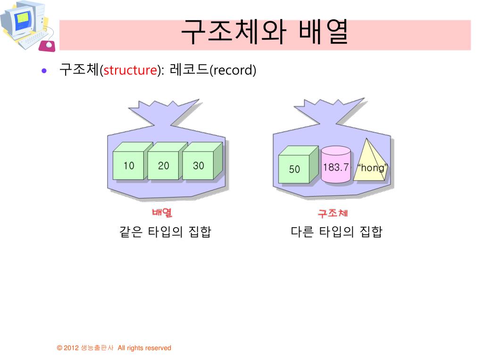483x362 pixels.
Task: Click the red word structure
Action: point(130,71)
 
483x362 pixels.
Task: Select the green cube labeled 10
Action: point(129,165)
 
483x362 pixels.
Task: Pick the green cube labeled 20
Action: point(163,165)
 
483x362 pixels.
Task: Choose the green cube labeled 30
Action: point(198,165)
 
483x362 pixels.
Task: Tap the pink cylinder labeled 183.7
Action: point(336,166)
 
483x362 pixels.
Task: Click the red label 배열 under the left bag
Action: point(162,213)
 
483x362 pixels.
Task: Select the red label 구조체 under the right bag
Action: point(333,214)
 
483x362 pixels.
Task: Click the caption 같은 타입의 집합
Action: point(166,231)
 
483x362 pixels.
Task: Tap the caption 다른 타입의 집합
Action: point(336,231)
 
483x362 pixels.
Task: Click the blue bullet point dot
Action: point(44,71)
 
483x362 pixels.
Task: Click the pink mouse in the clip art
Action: point(48,45)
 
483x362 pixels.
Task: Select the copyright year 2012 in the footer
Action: point(71,348)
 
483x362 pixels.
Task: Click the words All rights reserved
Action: point(144,348)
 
